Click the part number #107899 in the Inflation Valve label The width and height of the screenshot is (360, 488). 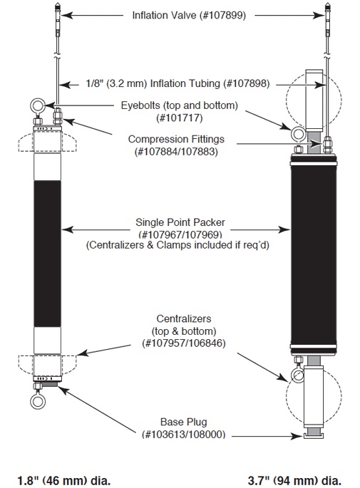tap(224, 15)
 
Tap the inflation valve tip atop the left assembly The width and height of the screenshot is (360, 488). tap(58, 7)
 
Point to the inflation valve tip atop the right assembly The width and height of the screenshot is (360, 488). tap(328, 7)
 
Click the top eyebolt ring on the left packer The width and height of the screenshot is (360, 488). tap(38, 105)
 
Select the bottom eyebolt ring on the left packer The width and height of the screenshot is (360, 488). tap(38, 401)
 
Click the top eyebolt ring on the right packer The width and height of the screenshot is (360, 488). tap(299, 134)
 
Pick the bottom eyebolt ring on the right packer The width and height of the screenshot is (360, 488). tap(297, 375)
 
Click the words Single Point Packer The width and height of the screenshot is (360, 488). tap(180, 222)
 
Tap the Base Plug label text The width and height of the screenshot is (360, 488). tap(183, 422)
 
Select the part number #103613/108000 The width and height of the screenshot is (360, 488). tap(183, 434)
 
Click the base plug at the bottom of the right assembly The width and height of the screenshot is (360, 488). tap(314, 435)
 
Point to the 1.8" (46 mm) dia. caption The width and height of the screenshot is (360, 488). tap(64, 481)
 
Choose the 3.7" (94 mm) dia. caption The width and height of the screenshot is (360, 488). tap(294, 481)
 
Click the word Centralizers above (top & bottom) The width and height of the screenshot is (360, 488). tap(184, 318)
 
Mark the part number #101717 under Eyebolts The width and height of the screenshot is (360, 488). tap(179, 118)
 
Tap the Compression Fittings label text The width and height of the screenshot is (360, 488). tap(176, 139)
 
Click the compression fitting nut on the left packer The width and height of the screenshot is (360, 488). tap(58, 116)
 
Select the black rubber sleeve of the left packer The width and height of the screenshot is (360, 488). tap(47, 254)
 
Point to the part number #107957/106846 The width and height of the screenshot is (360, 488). tap(184, 343)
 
